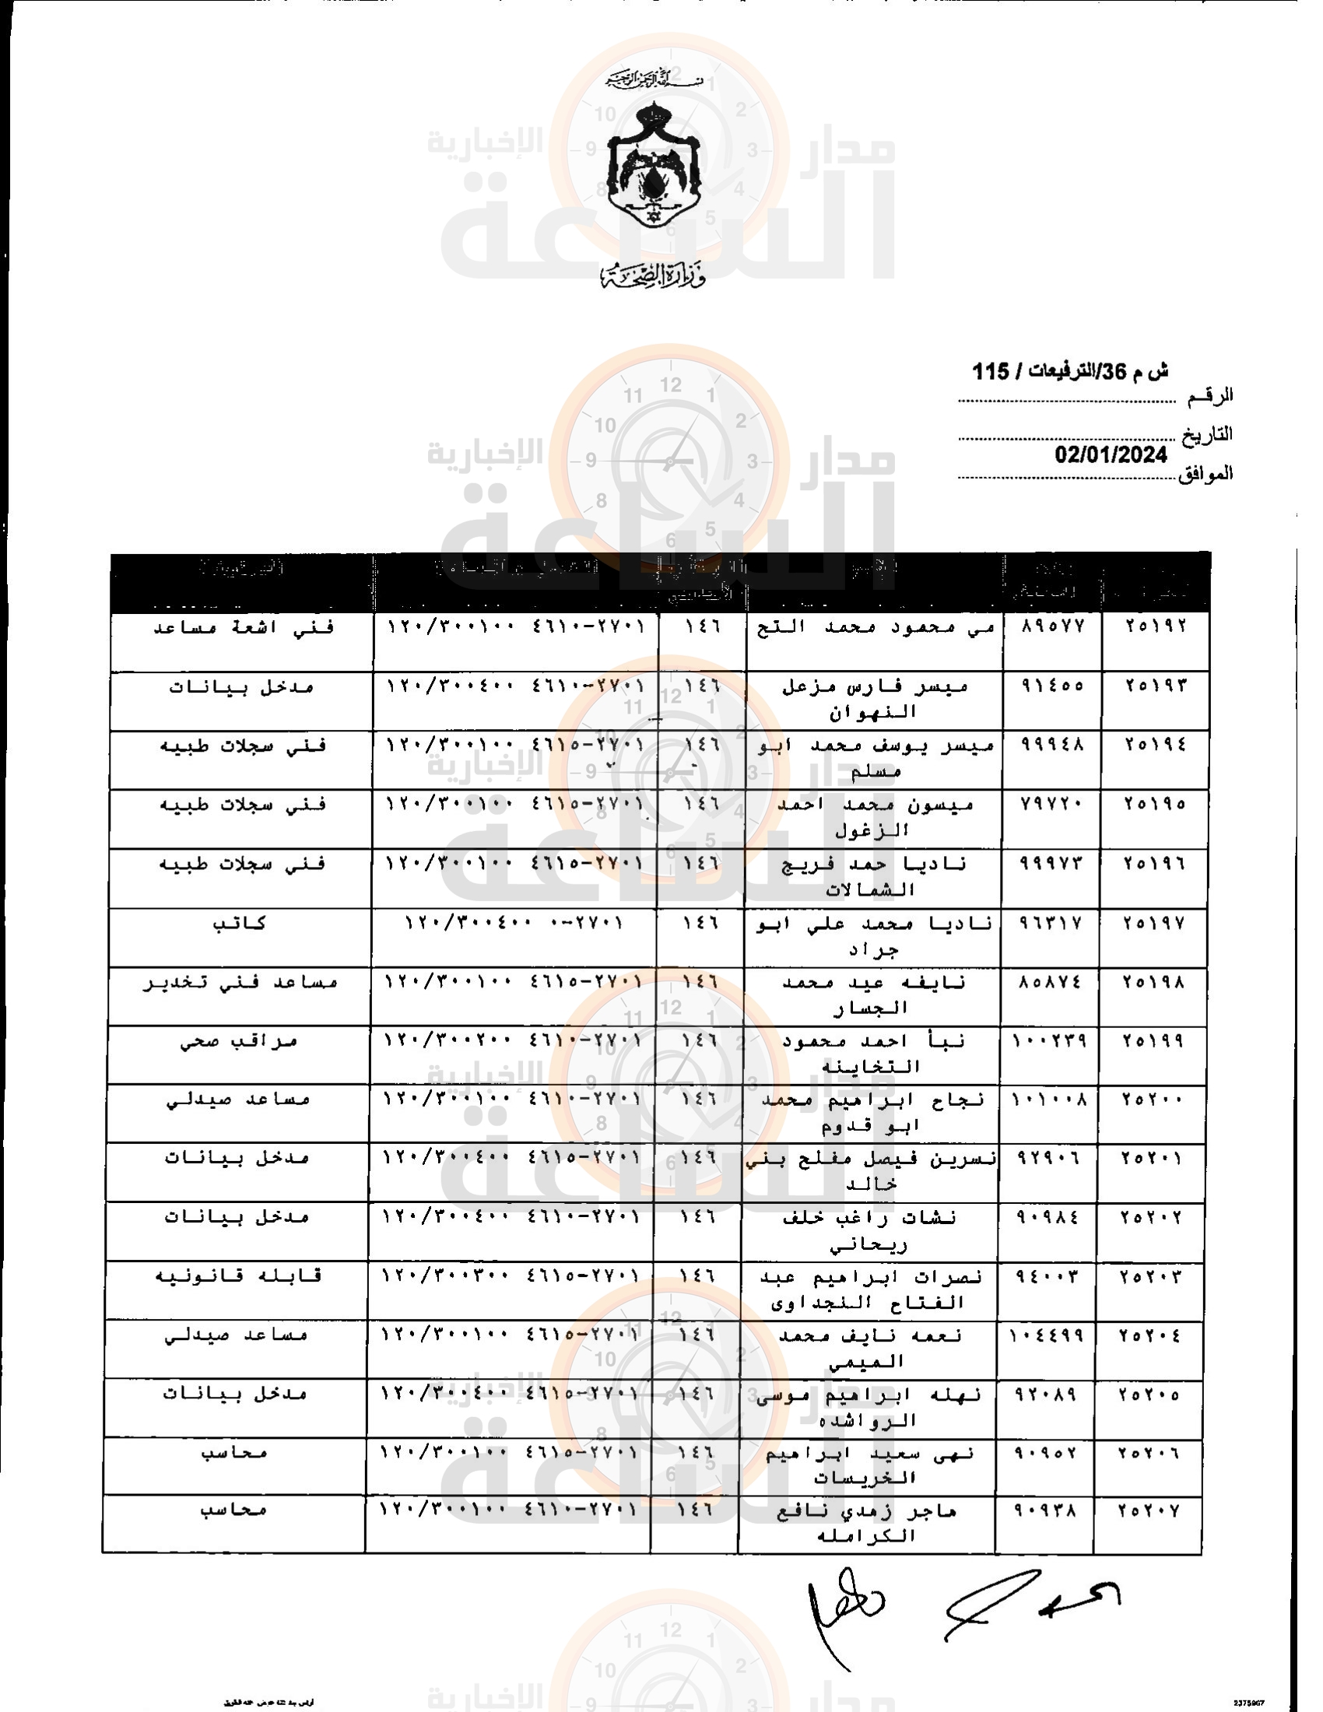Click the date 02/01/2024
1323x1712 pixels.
click(1110, 455)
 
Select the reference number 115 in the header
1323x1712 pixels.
click(991, 370)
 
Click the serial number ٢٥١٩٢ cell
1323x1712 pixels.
click(1156, 626)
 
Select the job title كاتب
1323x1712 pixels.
click(240, 924)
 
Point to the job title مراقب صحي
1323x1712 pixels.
click(239, 1042)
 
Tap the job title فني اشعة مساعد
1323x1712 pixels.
click(243, 628)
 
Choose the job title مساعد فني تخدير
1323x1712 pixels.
click(240, 983)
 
